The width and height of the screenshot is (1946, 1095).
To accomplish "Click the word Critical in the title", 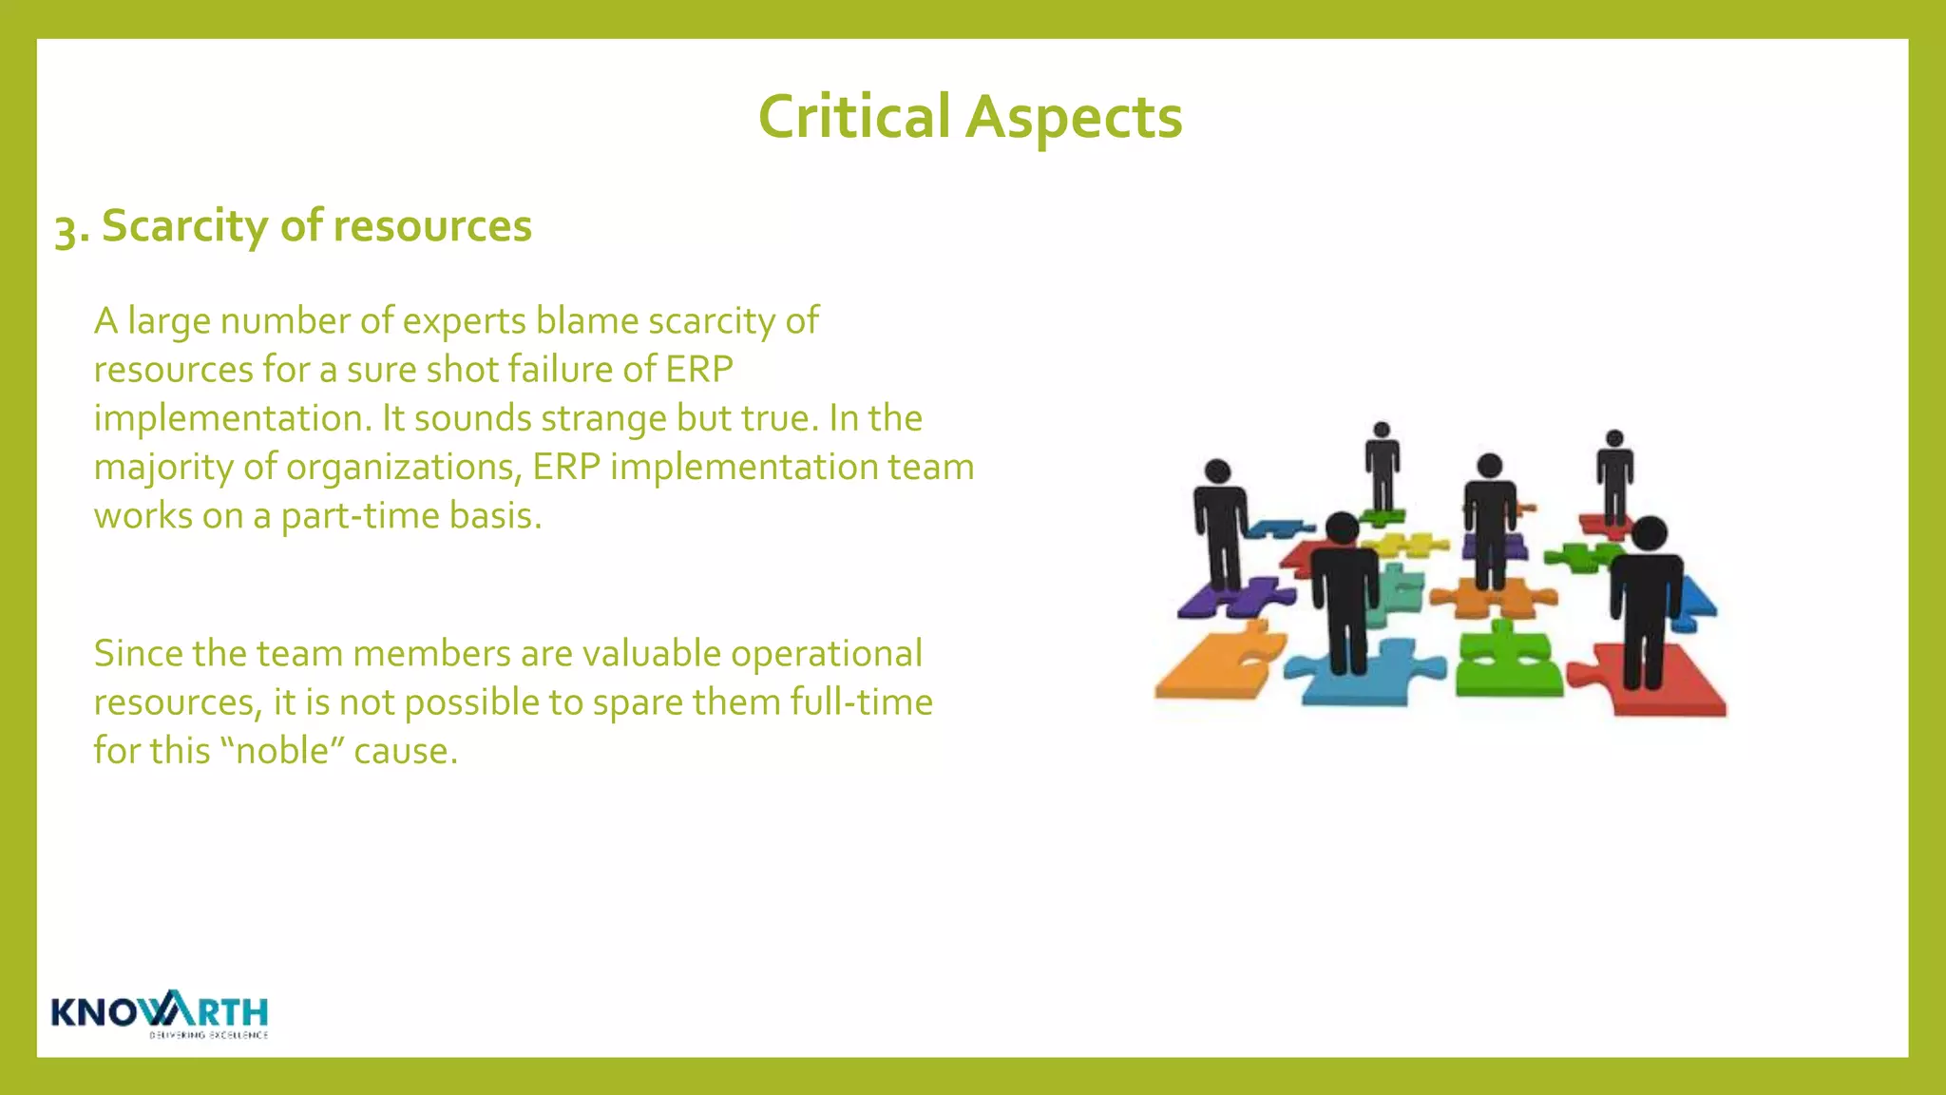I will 853,117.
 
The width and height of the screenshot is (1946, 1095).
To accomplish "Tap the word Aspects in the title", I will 1074,117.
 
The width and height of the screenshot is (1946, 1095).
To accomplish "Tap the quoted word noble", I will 281,751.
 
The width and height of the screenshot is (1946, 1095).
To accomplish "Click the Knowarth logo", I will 160,1014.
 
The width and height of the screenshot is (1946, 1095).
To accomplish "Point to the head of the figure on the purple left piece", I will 1217,471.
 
